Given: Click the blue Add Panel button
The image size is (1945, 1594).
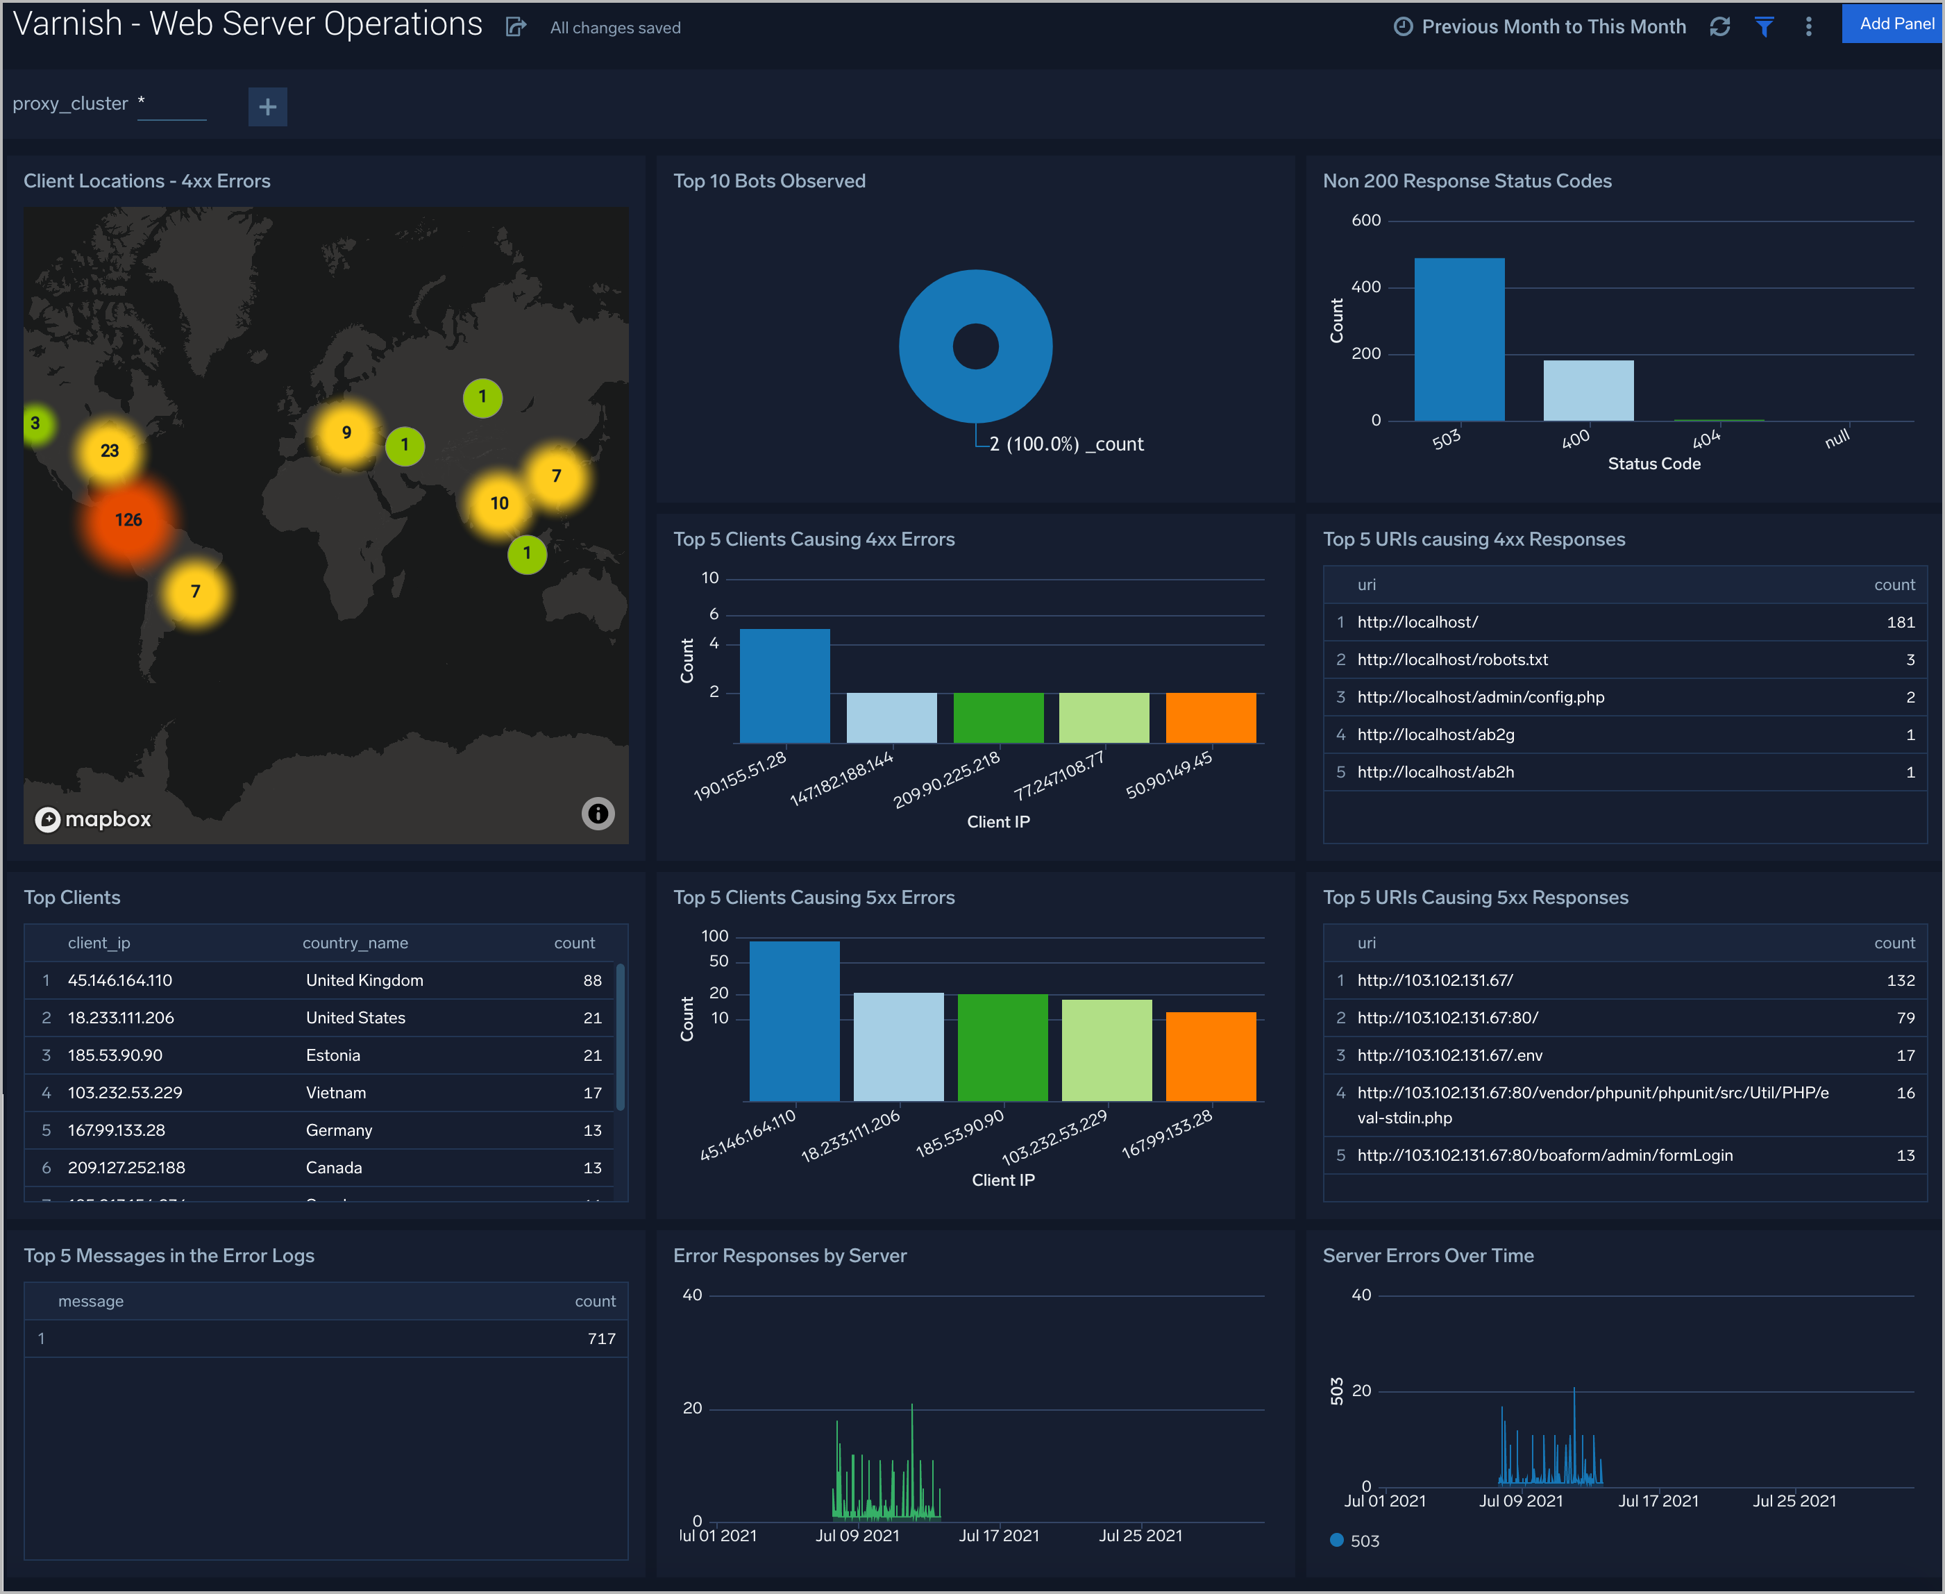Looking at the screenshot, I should pos(1894,24).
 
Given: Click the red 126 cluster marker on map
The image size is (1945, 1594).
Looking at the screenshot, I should pos(128,521).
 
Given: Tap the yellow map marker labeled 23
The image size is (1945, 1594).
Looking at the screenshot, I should pos(109,451).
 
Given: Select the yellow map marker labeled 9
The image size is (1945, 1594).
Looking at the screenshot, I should pos(346,433).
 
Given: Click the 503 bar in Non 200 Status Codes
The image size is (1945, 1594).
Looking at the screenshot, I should pos(1458,339).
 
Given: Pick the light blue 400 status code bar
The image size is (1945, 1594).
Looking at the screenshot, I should pos(1588,390).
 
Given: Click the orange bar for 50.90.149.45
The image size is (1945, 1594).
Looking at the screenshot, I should pos(1210,717).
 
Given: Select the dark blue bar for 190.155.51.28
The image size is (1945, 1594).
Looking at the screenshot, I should pos(784,686).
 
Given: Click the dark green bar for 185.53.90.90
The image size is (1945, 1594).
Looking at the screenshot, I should pos(1002,1047).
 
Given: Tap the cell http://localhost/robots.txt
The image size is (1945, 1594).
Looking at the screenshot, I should pos(1452,660).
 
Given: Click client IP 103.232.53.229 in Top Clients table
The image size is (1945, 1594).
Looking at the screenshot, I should pos(125,1093).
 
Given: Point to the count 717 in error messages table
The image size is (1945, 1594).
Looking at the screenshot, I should pos(601,1339).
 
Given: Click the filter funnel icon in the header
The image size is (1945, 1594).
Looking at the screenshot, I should pos(1763,26).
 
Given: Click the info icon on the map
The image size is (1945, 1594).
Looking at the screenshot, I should pos(598,814).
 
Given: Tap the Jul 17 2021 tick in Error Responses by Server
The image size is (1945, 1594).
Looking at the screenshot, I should pos(999,1535).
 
